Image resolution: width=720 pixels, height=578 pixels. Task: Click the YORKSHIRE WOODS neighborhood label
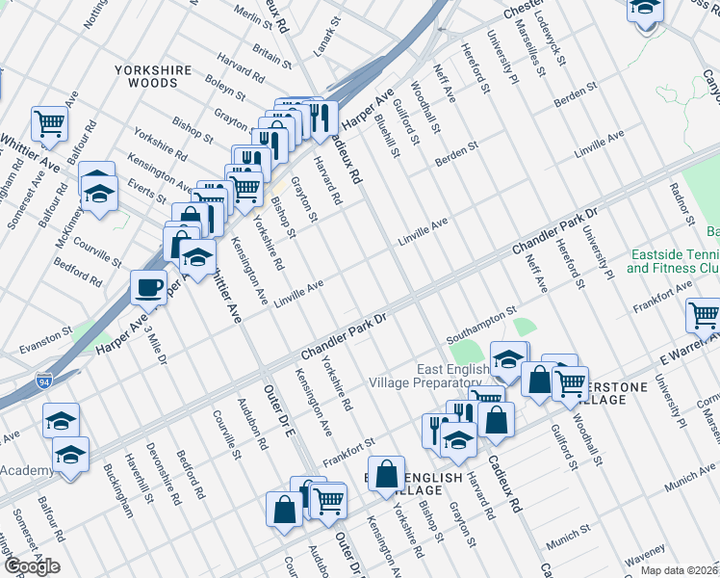146,77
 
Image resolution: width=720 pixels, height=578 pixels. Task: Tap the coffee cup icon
149,286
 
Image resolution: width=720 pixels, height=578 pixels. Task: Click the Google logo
32,566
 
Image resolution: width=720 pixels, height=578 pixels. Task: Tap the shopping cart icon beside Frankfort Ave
704,315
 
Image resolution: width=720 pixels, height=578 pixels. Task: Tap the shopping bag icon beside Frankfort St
386,474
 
